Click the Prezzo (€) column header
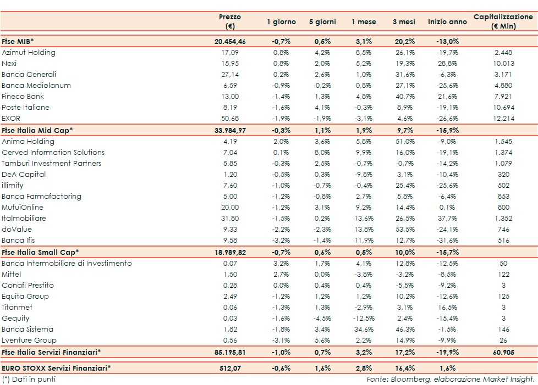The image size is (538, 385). point(229,21)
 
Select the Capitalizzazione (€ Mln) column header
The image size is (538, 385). point(503,21)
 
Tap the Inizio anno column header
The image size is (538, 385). point(447,22)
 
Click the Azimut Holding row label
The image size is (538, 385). point(29,53)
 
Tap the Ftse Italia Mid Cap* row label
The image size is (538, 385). point(37,130)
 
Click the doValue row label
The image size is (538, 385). point(17,230)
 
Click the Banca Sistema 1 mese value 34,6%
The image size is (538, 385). point(364,330)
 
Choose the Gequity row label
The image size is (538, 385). point(16,319)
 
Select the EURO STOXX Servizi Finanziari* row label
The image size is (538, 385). point(56,367)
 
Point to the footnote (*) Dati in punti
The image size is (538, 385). point(29,379)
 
